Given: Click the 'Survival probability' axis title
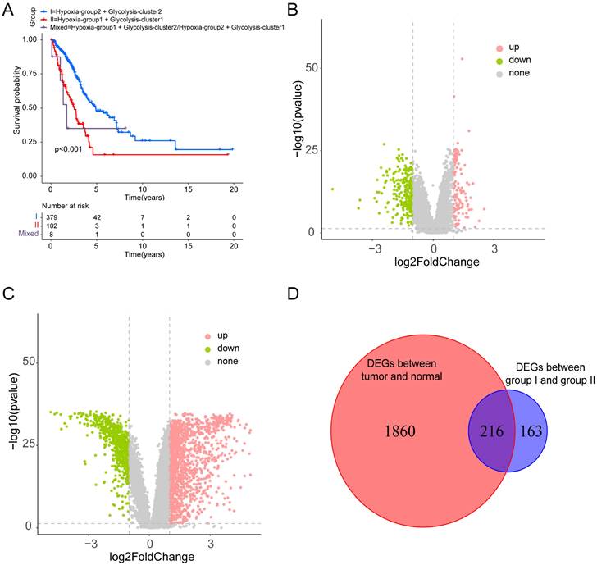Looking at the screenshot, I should tap(17, 105).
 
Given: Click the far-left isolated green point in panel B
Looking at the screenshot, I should tap(332, 189).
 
